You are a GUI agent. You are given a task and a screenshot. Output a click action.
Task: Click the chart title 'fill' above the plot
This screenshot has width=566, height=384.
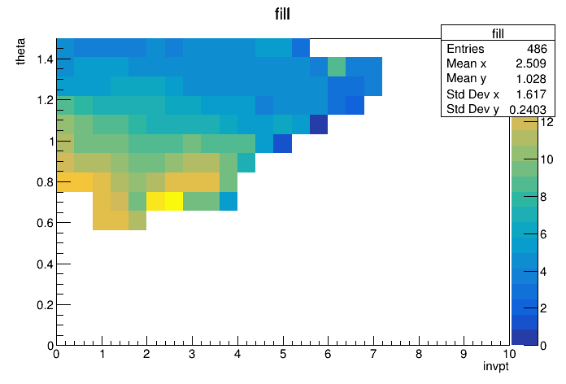(282, 14)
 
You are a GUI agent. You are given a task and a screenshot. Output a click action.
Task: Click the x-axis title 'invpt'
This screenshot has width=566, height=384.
(495, 366)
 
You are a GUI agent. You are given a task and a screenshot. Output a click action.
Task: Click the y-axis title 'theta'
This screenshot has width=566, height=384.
(20, 51)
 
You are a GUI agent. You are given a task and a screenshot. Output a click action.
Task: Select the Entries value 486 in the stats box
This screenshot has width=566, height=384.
(537, 49)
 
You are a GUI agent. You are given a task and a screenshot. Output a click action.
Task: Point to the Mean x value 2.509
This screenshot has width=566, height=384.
(530, 63)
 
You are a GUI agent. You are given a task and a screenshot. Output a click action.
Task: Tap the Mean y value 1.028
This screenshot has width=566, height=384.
(530, 79)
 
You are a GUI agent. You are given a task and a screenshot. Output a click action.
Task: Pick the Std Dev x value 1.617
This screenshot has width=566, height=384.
(530, 94)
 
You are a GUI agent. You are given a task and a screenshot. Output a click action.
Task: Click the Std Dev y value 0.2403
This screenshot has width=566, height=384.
(528, 109)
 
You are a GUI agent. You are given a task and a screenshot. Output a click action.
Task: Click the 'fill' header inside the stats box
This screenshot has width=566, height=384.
(498, 33)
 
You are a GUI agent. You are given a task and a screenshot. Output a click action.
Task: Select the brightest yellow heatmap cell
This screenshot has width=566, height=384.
(174, 201)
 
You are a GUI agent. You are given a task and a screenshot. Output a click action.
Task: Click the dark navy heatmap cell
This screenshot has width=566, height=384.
(319, 124)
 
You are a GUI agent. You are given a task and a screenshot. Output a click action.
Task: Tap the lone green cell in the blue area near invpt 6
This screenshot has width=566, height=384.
(337, 67)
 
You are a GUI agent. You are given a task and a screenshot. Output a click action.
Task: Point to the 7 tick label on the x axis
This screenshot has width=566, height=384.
(373, 354)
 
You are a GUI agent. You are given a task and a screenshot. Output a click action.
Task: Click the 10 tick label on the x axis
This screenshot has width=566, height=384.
(509, 354)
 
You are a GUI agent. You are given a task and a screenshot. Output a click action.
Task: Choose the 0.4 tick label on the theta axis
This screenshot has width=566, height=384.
(45, 264)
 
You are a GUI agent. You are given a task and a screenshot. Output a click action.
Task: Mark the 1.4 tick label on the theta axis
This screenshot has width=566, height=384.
(45, 59)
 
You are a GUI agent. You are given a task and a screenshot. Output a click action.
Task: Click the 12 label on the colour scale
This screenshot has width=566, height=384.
(546, 123)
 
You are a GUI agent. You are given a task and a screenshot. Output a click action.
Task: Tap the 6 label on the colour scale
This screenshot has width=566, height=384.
(543, 234)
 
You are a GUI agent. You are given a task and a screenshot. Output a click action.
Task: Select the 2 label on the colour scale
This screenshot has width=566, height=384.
(543, 308)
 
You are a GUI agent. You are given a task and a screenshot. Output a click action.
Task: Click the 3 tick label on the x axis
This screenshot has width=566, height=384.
(192, 354)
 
